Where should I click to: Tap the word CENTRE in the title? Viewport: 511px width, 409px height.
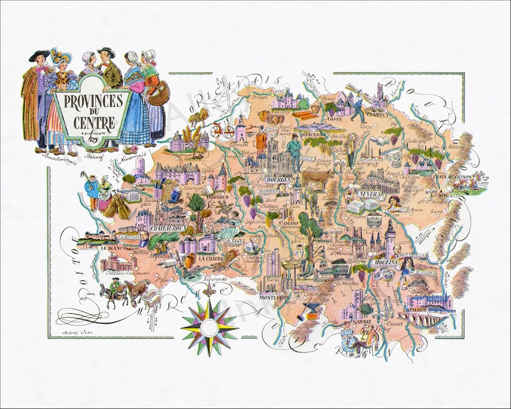point(91,120)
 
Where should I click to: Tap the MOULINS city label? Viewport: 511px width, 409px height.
point(385,264)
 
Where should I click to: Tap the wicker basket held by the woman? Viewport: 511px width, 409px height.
point(162,94)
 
